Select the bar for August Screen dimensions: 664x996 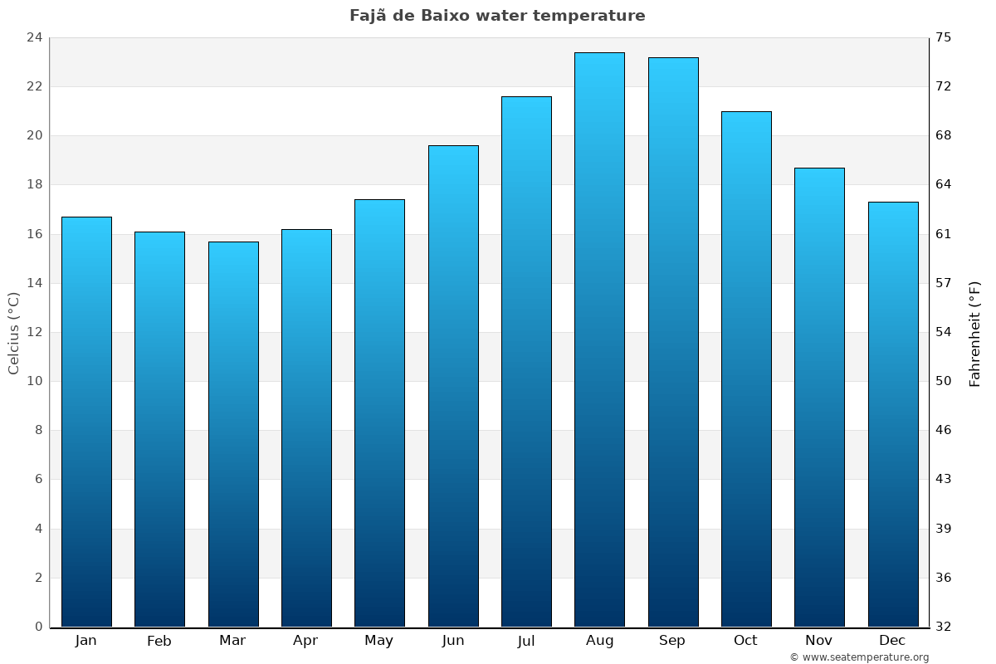pos(599,340)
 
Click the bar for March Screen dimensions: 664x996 pos(233,434)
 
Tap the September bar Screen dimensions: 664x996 pos(673,342)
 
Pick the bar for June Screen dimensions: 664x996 pos(453,386)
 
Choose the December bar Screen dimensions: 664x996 pos(893,414)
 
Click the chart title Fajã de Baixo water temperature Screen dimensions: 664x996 pos(497,16)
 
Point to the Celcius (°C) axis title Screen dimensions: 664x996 pos(13,333)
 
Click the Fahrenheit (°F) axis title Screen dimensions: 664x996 pos(975,333)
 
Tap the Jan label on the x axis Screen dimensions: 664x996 pos(85,641)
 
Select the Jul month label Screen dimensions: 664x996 pos(526,641)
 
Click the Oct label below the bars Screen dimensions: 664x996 pos(745,641)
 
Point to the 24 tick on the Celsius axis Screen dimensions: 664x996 pos(34,37)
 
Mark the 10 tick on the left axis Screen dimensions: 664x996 pos(34,382)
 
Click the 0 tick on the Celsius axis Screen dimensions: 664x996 pos(38,627)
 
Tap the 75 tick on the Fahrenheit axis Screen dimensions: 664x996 pos(944,37)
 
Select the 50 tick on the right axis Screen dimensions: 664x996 pos(944,382)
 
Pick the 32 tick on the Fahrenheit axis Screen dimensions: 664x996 pos(944,627)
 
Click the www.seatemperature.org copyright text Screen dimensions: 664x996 pos(859,657)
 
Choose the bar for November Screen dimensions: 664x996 pos(819,398)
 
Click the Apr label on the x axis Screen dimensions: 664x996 pos(305,641)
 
